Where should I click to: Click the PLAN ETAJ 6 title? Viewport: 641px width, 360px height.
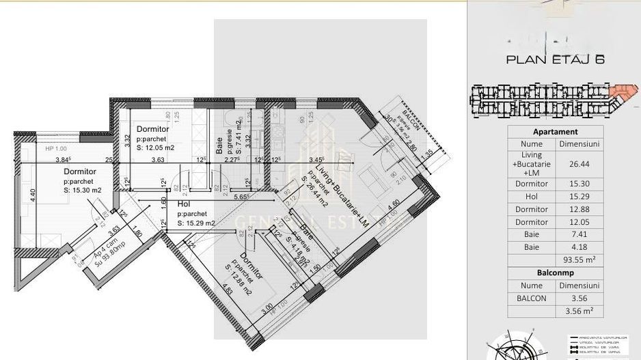tap(554, 59)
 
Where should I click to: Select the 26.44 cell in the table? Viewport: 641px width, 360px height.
tap(579, 164)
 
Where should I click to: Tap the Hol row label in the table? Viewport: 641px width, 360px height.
tap(531, 197)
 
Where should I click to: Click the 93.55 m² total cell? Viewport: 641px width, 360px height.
tap(579, 260)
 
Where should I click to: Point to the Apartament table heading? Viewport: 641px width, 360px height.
tap(554, 132)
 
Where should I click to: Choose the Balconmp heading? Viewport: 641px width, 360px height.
tap(554, 273)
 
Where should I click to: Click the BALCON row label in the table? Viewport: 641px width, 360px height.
tap(531, 298)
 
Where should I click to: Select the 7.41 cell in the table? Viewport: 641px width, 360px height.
tap(579, 234)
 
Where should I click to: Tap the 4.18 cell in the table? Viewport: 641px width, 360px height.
tap(579, 247)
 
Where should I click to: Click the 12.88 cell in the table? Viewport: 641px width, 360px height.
tap(579, 209)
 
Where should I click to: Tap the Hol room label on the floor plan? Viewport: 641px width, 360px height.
tap(183, 204)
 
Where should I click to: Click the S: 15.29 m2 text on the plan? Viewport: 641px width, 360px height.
tap(196, 223)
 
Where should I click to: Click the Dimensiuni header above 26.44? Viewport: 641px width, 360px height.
tap(579, 144)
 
